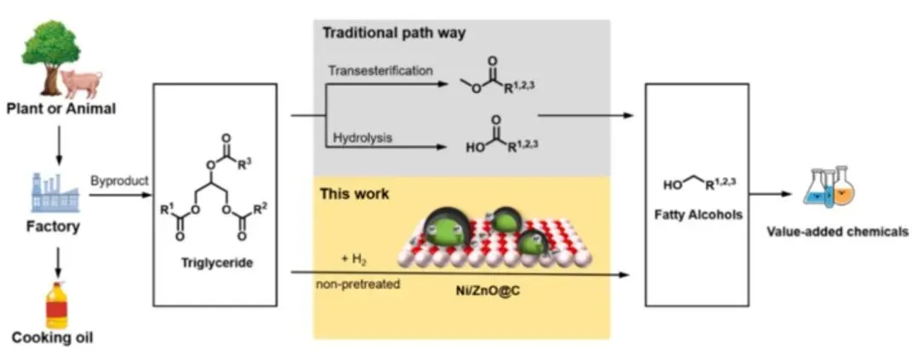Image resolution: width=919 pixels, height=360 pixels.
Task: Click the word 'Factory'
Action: tap(57, 227)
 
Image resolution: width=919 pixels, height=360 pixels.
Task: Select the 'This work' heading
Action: tap(354, 195)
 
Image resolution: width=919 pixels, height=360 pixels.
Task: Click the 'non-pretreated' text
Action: tap(357, 284)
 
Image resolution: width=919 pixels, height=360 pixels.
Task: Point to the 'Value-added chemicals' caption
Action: tap(837, 231)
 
